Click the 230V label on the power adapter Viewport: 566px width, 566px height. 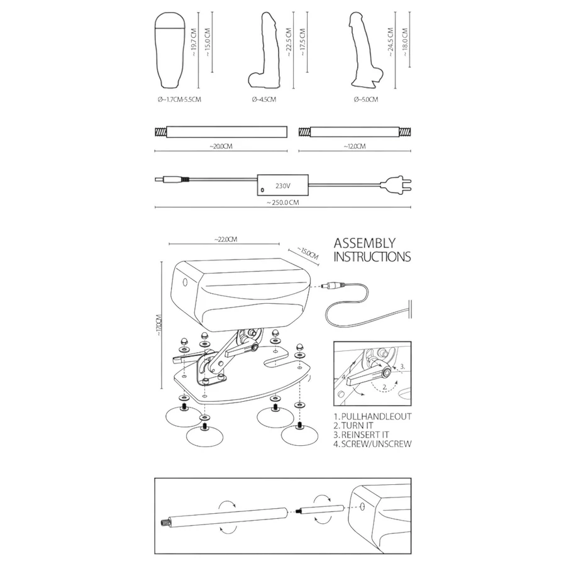[282, 186]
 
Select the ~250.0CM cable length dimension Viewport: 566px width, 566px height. [283, 203]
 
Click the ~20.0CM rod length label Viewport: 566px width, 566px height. [221, 146]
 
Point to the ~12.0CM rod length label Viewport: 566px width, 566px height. [355, 146]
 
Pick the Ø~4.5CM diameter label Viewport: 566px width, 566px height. [264, 99]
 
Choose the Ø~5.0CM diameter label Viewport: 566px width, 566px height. [365, 99]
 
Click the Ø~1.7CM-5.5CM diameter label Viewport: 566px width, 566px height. [179, 99]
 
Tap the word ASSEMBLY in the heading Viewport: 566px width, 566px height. [365, 243]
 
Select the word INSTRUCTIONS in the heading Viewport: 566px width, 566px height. [372, 257]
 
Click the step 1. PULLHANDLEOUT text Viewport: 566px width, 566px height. [372, 416]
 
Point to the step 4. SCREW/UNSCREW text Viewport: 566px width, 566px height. [372, 444]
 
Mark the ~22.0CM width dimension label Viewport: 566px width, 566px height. [226, 240]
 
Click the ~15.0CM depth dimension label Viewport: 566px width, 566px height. [308, 253]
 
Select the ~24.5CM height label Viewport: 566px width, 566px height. [391, 42]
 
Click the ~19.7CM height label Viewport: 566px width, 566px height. [194, 42]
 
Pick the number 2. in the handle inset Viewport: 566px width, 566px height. [385, 387]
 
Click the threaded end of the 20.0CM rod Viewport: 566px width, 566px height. [160, 132]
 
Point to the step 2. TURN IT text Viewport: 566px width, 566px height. [353, 426]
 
